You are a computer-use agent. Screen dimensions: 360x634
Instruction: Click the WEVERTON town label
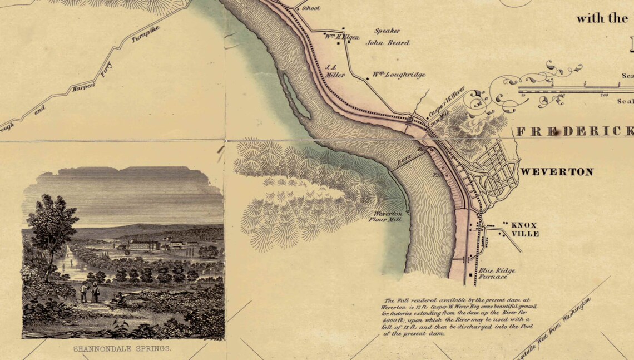point(556,172)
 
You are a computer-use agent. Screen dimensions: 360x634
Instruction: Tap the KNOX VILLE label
point(524,229)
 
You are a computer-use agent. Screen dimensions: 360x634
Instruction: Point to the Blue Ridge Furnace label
point(496,274)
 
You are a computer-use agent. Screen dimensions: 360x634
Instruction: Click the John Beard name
point(387,42)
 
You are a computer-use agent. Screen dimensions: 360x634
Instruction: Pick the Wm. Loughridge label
point(399,75)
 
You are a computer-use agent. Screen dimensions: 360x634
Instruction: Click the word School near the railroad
point(311,8)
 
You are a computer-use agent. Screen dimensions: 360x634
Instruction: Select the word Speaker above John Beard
point(387,31)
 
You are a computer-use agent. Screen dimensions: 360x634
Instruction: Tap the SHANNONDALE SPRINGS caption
point(122,349)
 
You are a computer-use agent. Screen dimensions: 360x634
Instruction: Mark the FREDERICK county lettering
point(573,131)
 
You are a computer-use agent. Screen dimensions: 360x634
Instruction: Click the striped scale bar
point(573,88)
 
